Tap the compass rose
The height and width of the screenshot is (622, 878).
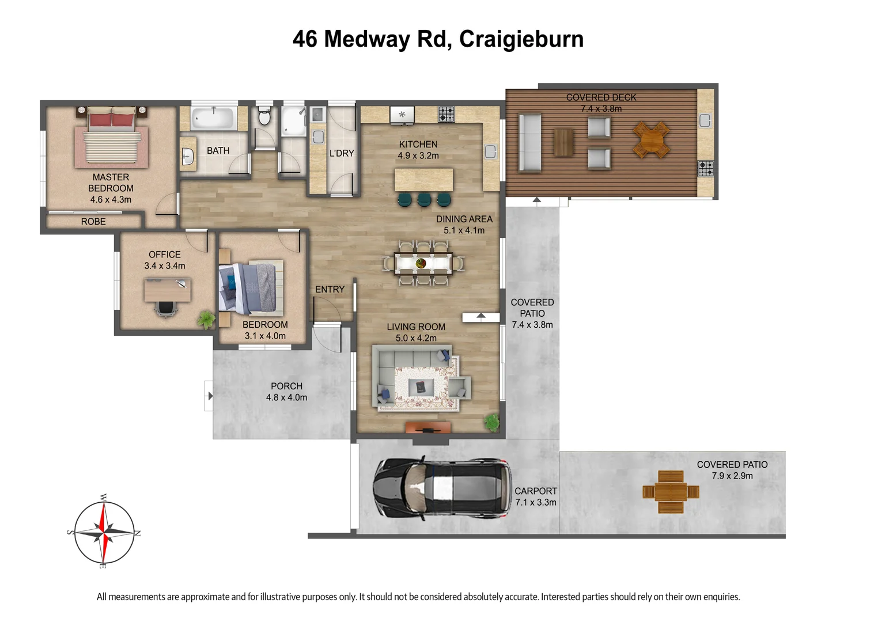pyautogui.click(x=104, y=533)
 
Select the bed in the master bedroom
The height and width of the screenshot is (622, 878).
pyautogui.click(x=112, y=138)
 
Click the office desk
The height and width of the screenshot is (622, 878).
pyautogui.click(x=167, y=290)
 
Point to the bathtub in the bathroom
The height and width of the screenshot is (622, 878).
pyautogui.click(x=214, y=119)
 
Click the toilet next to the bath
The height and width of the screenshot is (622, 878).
pyautogui.click(x=264, y=117)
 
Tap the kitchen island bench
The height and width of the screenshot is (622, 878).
pyautogui.click(x=423, y=180)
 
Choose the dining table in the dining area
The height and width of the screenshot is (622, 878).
pyautogui.click(x=423, y=263)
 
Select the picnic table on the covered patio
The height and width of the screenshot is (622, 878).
pyautogui.click(x=671, y=492)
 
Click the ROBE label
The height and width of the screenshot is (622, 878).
pyautogui.click(x=93, y=222)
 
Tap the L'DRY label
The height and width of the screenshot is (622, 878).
pyautogui.click(x=342, y=153)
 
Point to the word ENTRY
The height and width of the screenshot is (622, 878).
pyautogui.click(x=330, y=290)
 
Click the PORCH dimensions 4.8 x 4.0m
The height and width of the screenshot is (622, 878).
pyautogui.click(x=286, y=397)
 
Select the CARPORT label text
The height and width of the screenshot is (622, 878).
pyautogui.click(x=536, y=491)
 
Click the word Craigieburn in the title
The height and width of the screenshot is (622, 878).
pyautogui.click(x=521, y=39)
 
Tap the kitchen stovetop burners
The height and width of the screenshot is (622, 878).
pyautogui.click(x=446, y=114)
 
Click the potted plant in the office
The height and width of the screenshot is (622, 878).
pyautogui.click(x=206, y=319)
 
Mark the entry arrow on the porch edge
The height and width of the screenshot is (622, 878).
pyautogui.click(x=210, y=396)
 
